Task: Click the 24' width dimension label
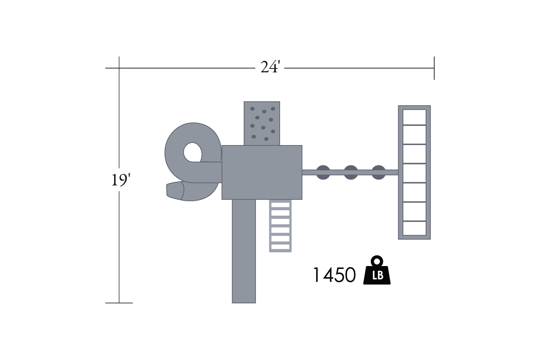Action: point(270,67)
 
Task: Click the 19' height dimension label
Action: point(121,180)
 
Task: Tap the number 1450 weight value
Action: point(334,275)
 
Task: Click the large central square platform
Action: point(262,172)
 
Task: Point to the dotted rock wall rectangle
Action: point(262,123)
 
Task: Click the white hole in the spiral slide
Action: point(192,152)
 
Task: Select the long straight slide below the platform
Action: point(244,251)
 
